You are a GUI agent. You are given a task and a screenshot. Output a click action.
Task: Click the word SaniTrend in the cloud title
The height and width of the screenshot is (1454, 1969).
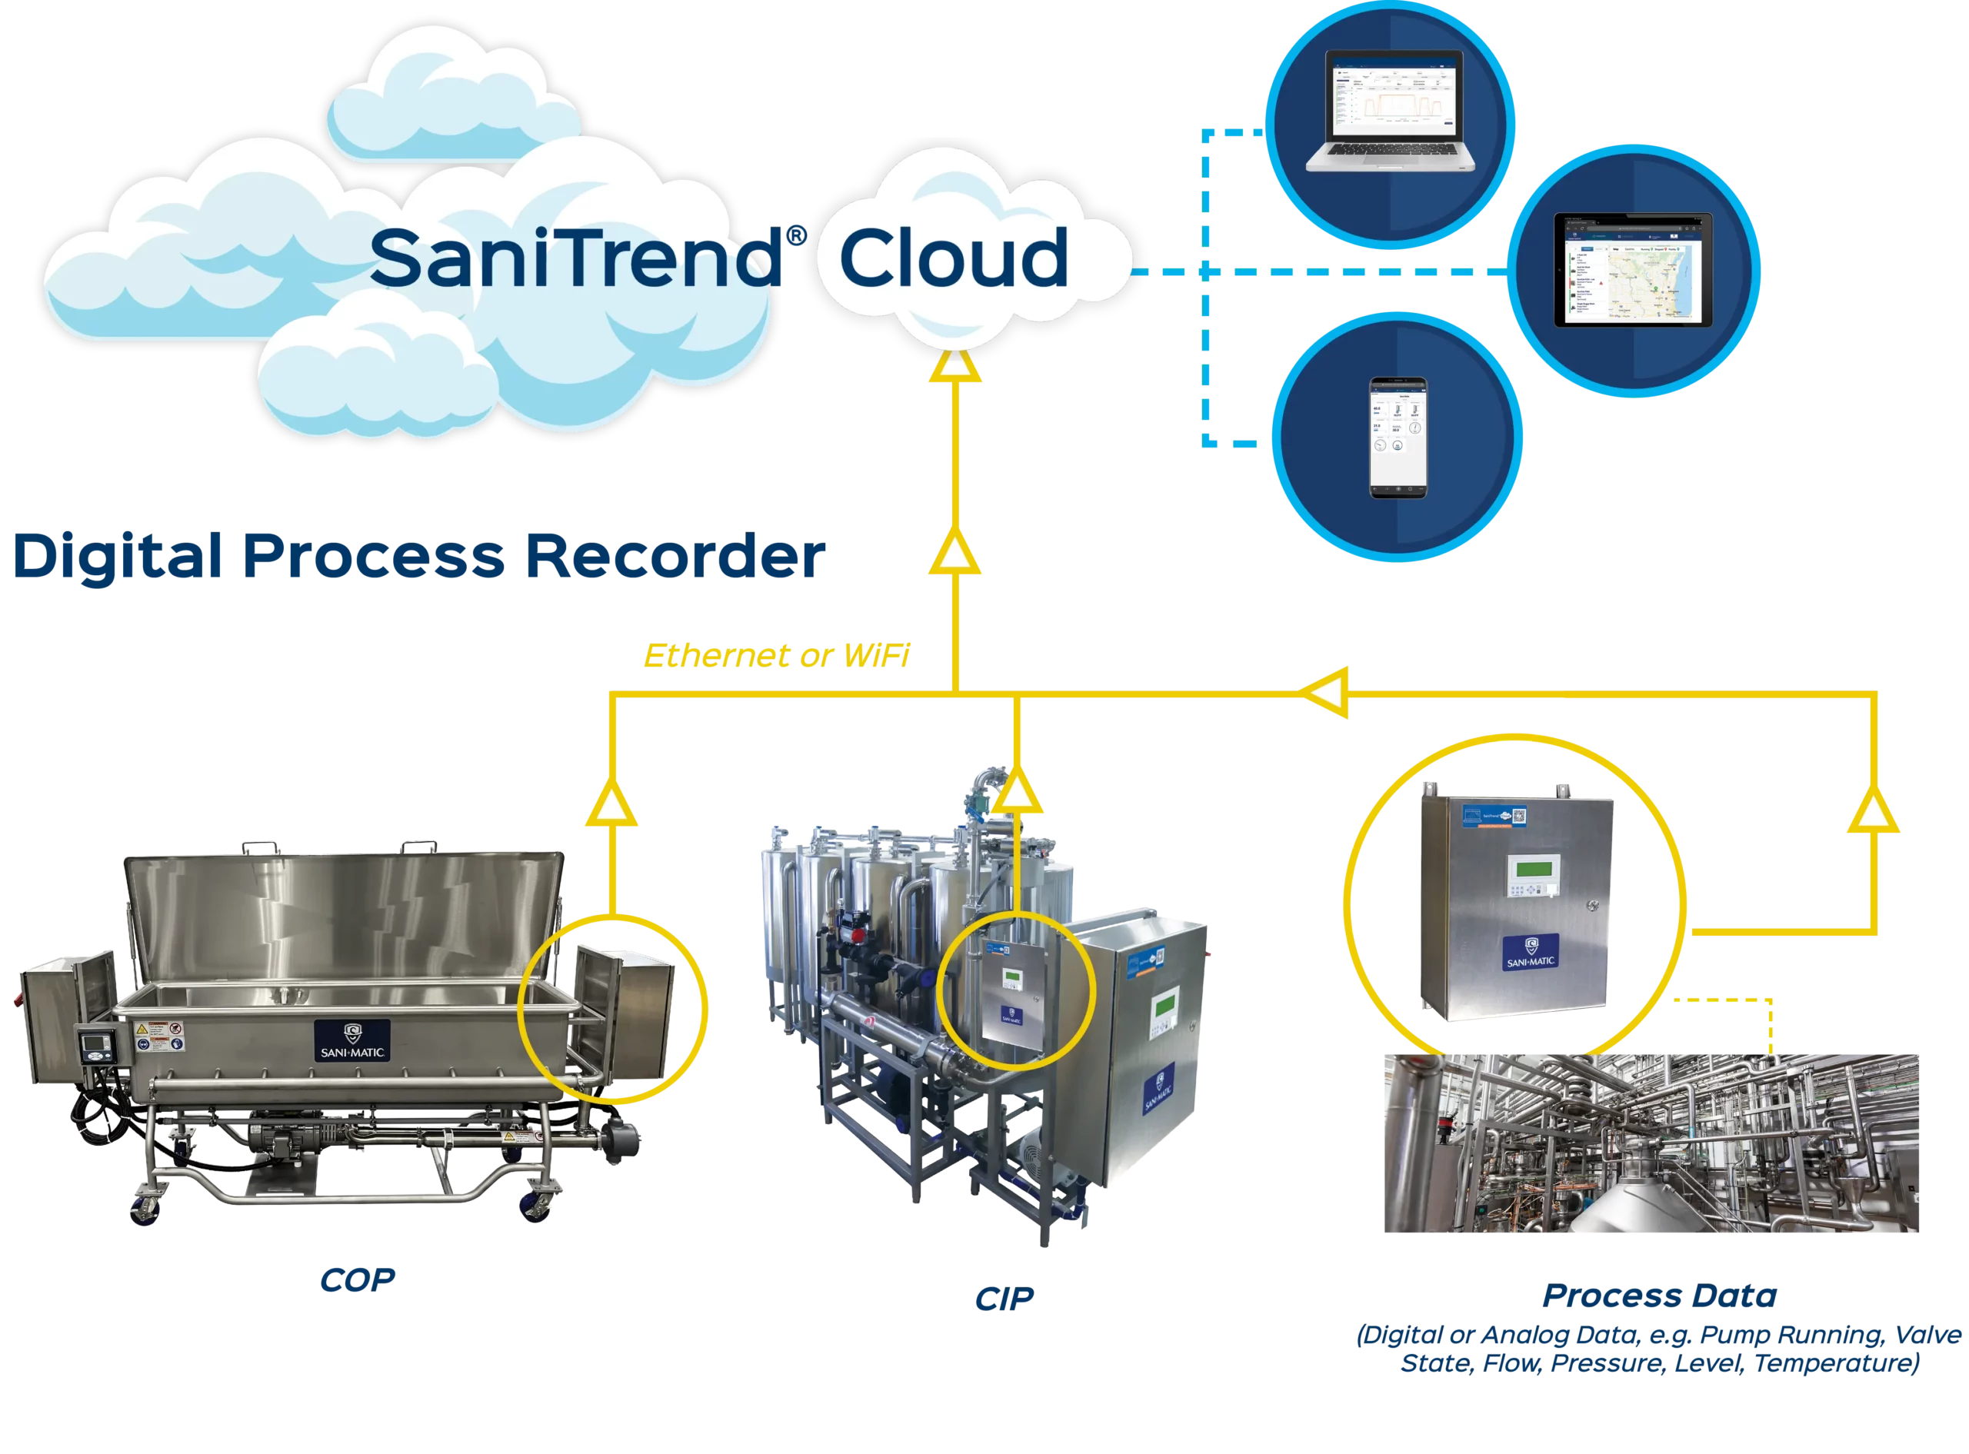[x=577, y=257]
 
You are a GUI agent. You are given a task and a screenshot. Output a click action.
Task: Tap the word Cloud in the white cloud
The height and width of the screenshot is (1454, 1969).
[x=952, y=257]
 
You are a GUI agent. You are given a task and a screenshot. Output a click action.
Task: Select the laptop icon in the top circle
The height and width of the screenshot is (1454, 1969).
[x=1390, y=111]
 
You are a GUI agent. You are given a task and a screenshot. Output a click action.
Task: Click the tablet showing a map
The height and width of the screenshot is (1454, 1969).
[x=1633, y=269]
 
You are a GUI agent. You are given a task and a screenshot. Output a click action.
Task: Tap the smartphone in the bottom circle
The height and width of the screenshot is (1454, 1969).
[x=1398, y=438]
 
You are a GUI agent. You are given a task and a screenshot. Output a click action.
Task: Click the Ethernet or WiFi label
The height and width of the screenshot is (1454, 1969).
[x=776, y=656]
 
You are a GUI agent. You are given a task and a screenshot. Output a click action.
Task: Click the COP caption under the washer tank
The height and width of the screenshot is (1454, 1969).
[x=358, y=1282]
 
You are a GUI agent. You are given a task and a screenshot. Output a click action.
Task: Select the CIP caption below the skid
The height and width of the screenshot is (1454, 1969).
[x=1004, y=1300]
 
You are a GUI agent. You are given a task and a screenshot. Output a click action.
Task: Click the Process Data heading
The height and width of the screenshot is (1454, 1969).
[x=1659, y=1296]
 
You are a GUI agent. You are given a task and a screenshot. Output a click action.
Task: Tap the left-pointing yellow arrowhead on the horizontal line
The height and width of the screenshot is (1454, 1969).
[x=1328, y=694]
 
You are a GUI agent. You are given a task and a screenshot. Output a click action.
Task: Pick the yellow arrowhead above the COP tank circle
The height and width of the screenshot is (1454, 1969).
[x=611, y=808]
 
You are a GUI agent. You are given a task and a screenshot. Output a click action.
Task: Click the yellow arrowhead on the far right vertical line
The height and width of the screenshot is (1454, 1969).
[x=1873, y=814]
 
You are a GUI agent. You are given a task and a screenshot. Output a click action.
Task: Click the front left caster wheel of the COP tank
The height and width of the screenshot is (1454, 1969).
[x=145, y=1211]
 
